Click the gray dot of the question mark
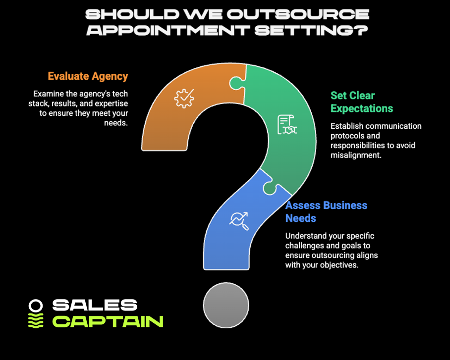coord(226,305)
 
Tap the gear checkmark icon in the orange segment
coord(183,98)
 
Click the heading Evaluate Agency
coord(88,76)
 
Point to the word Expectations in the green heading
coord(362,108)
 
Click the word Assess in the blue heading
coord(303,205)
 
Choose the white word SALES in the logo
coord(95,305)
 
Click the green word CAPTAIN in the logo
coord(108,321)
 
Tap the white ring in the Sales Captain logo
coord(36,305)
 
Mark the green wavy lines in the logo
coord(36,321)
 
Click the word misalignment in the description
coord(355,154)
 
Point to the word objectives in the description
coord(340,265)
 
